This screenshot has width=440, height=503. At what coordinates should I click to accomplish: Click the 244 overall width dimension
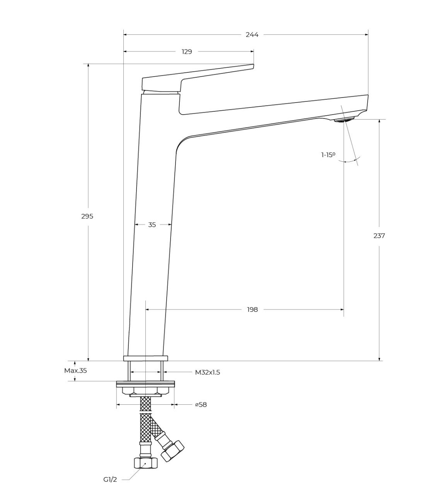point(252,35)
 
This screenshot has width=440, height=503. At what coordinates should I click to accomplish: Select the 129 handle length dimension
point(187,51)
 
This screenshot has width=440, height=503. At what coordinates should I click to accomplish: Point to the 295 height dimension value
point(87,216)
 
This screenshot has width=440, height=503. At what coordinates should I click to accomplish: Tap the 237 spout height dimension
point(379,236)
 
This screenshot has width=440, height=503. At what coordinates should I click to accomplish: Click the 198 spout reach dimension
point(252,309)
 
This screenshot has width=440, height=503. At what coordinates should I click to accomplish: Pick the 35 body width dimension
point(152,225)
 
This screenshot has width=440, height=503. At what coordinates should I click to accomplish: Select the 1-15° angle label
point(328,155)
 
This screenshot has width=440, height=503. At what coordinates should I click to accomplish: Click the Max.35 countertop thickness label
point(75,371)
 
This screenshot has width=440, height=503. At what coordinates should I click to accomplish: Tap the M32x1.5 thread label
point(208,373)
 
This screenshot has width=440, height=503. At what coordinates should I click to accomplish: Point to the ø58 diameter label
point(201,404)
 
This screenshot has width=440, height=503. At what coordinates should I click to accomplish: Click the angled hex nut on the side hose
point(173,451)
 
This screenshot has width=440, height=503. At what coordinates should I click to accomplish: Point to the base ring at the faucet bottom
point(146,358)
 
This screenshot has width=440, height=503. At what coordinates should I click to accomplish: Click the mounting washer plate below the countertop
point(145,383)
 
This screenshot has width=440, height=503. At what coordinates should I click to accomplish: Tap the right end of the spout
point(368,103)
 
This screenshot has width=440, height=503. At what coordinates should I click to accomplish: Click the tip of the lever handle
point(253,65)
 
